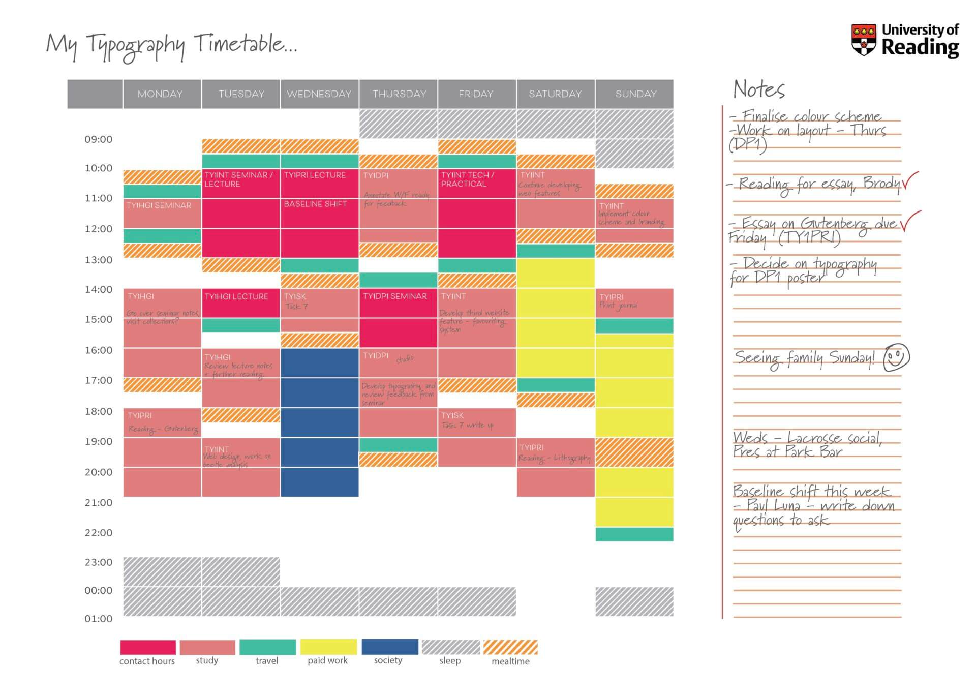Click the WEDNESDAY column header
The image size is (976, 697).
coord(319,94)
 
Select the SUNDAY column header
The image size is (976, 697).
coord(635,94)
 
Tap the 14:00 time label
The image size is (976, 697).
coord(98,289)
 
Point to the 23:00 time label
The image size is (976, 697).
coord(98,562)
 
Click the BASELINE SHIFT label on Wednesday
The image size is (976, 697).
coord(315,204)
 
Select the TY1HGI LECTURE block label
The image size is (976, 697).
coord(236,296)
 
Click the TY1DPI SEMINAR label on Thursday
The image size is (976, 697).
coord(395,296)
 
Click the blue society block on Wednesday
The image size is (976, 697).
coord(319,422)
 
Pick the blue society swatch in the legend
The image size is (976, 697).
coord(390,647)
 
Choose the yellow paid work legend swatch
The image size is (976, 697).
coord(328,647)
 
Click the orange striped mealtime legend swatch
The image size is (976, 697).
coord(510,647)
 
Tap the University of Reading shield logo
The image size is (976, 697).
coord(864,39)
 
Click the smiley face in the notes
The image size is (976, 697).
coord(896,357)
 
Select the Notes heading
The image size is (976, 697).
coord(759,89)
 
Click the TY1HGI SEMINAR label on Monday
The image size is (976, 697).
coord(159,205)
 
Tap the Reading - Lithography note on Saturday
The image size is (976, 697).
coord(555,458)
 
